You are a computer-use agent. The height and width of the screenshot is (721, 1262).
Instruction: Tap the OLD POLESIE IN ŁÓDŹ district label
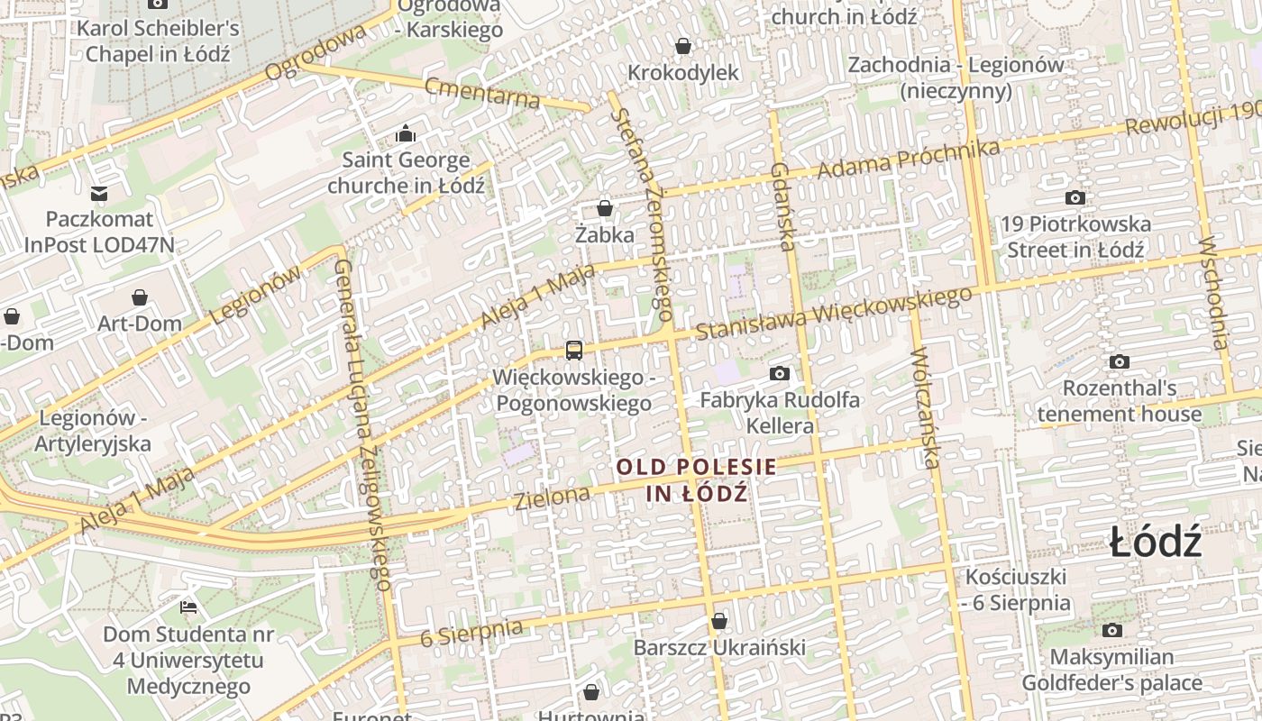pyautogui.click(x=696, y=479)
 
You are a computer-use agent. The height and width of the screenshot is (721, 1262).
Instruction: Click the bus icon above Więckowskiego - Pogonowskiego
pyautogui.click(x=573, y=350)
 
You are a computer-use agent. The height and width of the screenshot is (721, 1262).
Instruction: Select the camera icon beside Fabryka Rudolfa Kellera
pyautogui.click(x=780, y=373)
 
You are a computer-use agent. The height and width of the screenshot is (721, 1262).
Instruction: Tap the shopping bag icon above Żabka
pyautogui.click(x=605, y=208)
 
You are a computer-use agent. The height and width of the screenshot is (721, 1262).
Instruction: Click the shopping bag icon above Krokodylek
pyautogui.click(x=683, y=45)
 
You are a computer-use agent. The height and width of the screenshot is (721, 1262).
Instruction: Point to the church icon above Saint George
pyautogui.click(x=406, y=134)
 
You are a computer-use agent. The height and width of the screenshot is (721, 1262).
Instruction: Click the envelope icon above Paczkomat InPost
pyautogui.click(x=99, y=193)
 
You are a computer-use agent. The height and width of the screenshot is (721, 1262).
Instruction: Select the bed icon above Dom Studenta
pyautogui.click(x=188, y=607)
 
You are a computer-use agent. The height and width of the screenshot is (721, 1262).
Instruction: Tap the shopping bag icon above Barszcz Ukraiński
pyautogui.click(x=718, y=621)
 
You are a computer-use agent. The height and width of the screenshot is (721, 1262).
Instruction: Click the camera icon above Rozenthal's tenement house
pyautogui.click(x=1119, y=362)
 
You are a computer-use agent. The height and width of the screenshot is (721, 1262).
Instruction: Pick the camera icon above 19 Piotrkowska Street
pyautogui.click(x=1075, y=197)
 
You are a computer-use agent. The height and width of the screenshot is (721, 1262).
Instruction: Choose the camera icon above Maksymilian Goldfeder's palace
pyautogui.click(x=1111, y=631)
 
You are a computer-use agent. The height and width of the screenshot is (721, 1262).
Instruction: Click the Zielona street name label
pyautogui.click(x=552, y=496)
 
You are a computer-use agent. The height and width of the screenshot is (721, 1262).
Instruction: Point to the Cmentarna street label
pyautogui.click(x=481, y=92)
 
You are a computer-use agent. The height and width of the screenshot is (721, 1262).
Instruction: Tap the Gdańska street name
pyautogui.click(x=782, y=207)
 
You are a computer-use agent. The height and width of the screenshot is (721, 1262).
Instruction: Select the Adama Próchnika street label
pyautogui.click(x=908, y=158)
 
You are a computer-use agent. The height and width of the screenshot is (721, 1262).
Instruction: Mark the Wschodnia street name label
pyautogui.click(x=1213, y=293)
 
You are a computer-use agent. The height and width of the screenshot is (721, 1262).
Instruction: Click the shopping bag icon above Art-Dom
pyautogui.click(x=140, y=297)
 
